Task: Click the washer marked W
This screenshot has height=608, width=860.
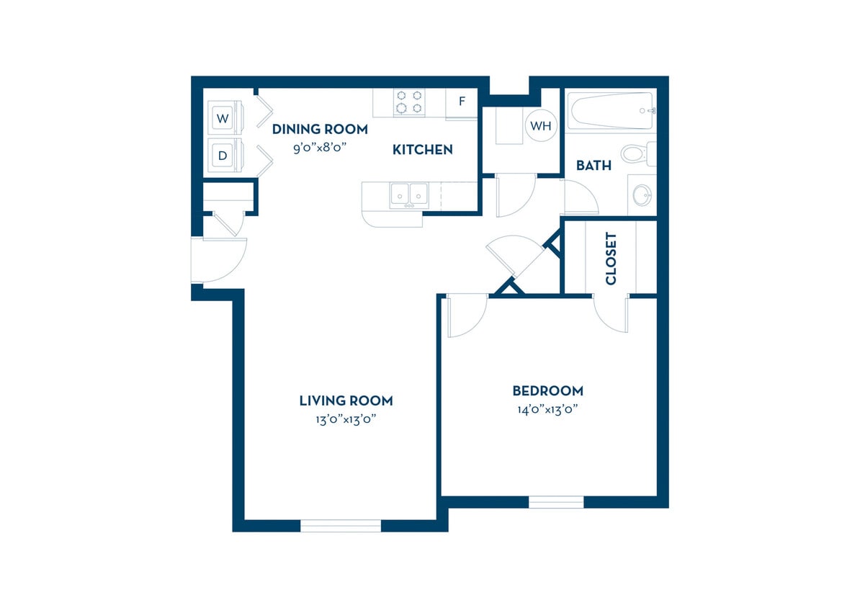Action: pos(223,118)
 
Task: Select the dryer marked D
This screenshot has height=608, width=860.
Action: pos(223,156)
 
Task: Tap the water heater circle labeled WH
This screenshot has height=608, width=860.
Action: pos(540,126)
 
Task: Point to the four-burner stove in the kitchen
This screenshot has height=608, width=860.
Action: pos(409,102)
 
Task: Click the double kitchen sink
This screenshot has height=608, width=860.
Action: pos(408,195)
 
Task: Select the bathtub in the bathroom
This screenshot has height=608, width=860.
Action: pos(611,110)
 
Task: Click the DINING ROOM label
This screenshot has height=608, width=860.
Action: pos(320,130)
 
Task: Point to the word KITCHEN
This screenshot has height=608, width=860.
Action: pos(422,150)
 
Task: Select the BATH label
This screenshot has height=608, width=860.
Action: pos(594,166)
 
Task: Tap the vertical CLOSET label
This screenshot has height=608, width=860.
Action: pos(611,258)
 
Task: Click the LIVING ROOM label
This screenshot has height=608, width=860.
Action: pos(346,401)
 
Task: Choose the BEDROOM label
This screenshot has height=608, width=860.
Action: pos(547,391)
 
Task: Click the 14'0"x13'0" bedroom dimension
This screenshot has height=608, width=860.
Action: pos(547,409)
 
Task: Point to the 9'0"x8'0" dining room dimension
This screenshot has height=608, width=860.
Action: pos(320,148)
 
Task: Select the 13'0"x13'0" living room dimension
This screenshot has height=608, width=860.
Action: pos(346,419)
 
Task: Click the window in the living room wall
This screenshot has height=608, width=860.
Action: pos(340,526)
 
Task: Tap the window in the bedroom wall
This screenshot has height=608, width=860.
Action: pos(556,502)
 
